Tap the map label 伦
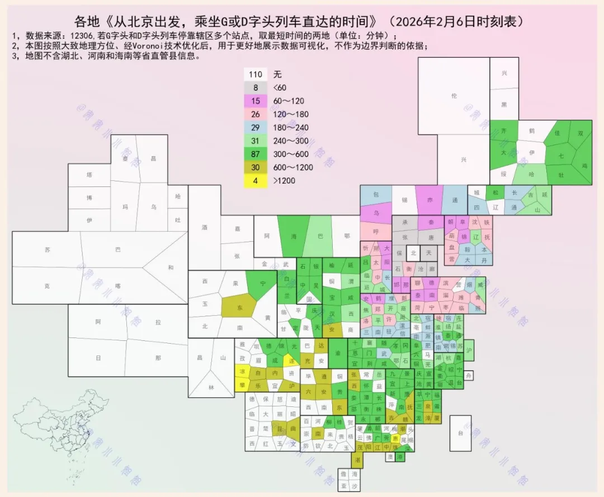pyautogui.click(x=454, y=96)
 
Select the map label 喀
pyautogui.click(x=117, y=285)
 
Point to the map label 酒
pyautogui.click(x=204, y=228)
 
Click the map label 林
pyautogui.click(x=211, y=388)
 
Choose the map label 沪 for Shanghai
pyautogui.click(x=469, y=350)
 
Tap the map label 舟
pyautogui.click(x=469, y=375)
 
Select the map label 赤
pyautogui.click(x=430, y=200)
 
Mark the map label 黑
pyautogui.click(x=504, y=105)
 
